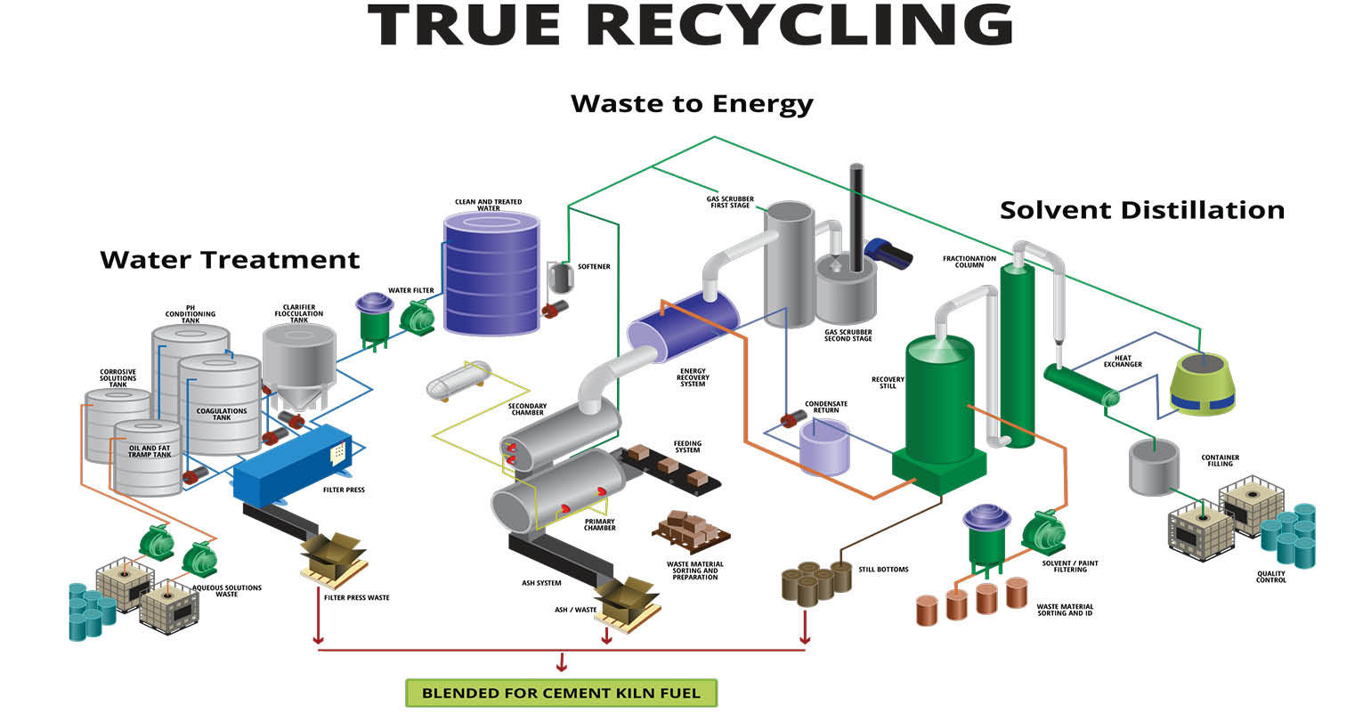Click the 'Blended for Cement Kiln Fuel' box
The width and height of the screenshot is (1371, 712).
point(561,692)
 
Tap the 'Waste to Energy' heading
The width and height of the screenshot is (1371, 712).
point(692,104)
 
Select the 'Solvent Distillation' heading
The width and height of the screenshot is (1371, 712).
point(1142,210)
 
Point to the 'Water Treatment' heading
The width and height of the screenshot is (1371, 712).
point(230,260)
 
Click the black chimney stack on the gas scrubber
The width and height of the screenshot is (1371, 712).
point(856,218)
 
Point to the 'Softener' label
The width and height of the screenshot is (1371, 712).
point(594,267)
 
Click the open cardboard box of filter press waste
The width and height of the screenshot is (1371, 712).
point(333,556)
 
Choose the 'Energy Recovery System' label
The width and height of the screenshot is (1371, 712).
point(694,379)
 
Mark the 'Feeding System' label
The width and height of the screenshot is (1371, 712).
point(687,447)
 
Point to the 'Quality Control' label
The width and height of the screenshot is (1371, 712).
point(1271,577)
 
